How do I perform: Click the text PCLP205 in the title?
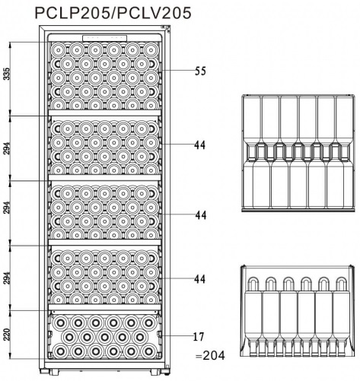click(x=72, y=13)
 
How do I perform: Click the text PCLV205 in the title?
click(x=155, y=13)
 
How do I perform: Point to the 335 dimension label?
click(x=7, y=74)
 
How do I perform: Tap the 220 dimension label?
click(x=7, y=334)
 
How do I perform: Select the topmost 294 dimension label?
click(x=7, y=148)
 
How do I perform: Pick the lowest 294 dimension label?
click(x=7, y=278)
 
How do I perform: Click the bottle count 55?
click(x=200, y=71)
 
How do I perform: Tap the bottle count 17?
click(x=199, y=337)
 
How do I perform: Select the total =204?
click(x=210, y=356)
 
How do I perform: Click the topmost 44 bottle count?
click(x=199, y=145)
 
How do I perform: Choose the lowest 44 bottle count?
click(x=199, y=279)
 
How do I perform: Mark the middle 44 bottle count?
click(x=201, y=215)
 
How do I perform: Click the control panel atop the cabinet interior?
click(x=104, y=38)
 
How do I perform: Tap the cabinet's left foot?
click(x=54, y=372)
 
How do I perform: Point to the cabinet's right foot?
click(x=155, y=372)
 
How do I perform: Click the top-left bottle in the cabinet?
click(x=59, y=50)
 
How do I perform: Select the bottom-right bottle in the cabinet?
click(x=148, y=351)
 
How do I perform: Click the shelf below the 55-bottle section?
click(x=105, y=113)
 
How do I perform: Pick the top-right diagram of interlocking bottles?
click(x=298, y=153)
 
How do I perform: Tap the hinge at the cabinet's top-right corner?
click(x=166, y=27)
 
